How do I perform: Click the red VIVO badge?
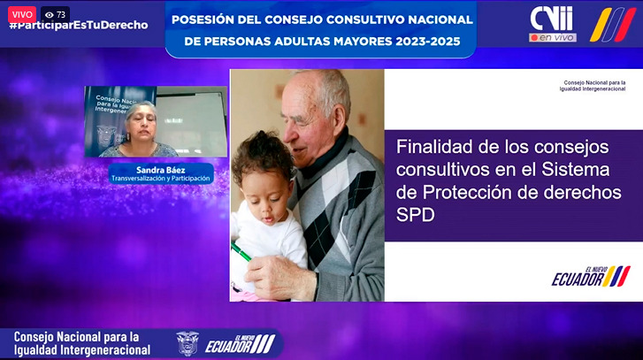(x=22, y=15)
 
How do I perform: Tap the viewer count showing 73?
(x=56, y=15)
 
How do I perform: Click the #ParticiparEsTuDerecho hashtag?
(x=79, y=26)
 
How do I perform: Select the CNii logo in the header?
(x=551, y=19)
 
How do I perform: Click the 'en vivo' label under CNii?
(x=553, y=37)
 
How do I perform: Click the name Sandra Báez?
(x=160, y=170)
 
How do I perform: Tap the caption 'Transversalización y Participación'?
(x=161, y=179)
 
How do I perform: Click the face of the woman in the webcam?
(x=142, y=125)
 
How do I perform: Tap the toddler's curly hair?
(x=262, y=155)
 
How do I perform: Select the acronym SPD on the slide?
(x=415, y=215)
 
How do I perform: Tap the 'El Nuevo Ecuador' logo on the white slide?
(x=591, y=276)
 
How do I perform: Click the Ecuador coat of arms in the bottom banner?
(x=188, y=343)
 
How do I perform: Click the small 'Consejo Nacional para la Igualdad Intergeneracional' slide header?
(x=593, y=86)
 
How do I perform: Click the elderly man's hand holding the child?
(x=279, y=276)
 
